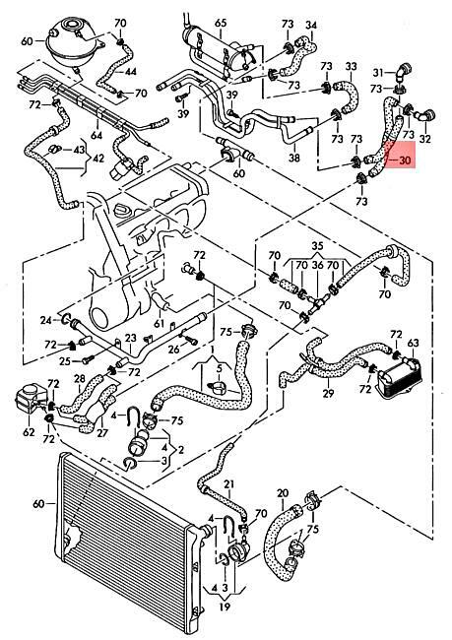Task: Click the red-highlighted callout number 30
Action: pos(404,160)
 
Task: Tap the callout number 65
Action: pos(221,23)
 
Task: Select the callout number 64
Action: pos(97,134)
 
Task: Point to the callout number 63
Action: pos(413,343)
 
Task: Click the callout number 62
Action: pos(29,431)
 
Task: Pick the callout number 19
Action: pos(225,607)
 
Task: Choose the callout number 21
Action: pos(229,484)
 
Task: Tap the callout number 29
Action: pos(328,393)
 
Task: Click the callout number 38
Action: pos(294,158)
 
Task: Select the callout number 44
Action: pos(130,72)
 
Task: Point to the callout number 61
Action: pos(160,324)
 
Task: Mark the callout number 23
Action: pos(130,338)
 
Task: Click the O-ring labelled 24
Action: pos(67,318)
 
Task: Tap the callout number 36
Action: pos(318,266)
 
